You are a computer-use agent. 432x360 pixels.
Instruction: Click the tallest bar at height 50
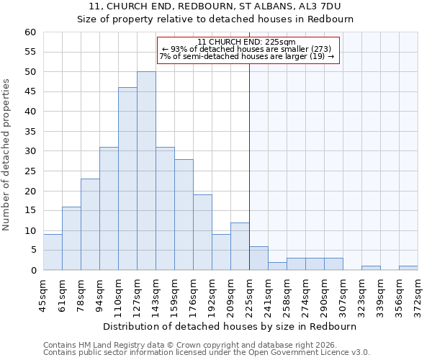146,171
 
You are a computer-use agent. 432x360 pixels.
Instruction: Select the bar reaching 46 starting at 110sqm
127,179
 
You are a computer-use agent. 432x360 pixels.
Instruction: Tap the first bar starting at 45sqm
53,253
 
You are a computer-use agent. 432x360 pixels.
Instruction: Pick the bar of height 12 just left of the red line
240,247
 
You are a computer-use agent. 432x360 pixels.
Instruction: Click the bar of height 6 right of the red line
258,258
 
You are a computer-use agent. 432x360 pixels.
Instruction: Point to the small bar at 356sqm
408,269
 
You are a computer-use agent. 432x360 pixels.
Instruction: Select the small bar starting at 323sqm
371,269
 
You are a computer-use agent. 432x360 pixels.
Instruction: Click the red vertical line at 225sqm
249,180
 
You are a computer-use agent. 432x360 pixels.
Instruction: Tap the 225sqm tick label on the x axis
250,296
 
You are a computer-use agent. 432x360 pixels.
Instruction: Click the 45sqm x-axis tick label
44,296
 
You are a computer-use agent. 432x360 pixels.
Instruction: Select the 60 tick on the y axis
30,32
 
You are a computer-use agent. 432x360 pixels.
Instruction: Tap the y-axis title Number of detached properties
7,155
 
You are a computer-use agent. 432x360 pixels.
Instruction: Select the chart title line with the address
215,6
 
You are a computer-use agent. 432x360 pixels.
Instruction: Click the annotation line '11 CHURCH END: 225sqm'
246,42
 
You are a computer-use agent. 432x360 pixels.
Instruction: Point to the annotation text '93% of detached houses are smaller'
246,49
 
